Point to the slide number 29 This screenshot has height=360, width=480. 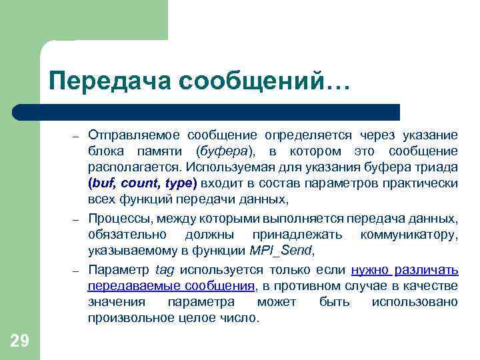coord(20,341)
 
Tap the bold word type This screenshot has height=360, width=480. coord(179,183)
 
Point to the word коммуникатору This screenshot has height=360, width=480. coord(409,235)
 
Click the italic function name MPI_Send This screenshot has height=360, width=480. coord(281,251)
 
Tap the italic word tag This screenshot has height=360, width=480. coord(164,270)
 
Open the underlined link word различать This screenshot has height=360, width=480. coord(426,270)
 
